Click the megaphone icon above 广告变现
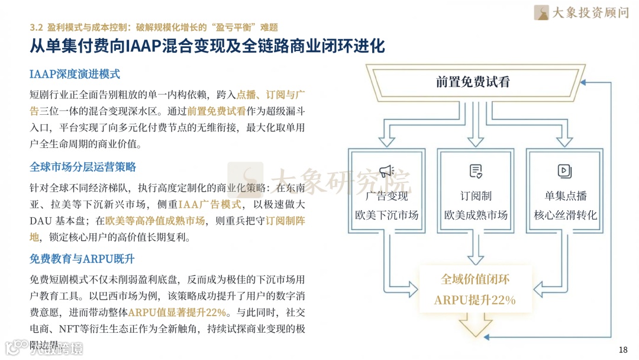[x=386, y=172]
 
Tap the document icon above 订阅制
[x=476, y=172]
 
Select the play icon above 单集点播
[x=564, y=172]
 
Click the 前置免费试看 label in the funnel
[x=473, y=82]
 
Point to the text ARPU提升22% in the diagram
[x=475, y=300]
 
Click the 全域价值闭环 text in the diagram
[x=475, y=279]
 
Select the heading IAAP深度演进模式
[x=75, y=74]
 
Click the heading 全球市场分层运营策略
[x=83, y=167]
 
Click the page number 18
[x=622, y=349]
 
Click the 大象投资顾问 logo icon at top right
[x=541, y=12]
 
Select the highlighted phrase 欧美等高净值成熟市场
[x=156, y=221]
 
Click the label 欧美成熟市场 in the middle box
[x=476, y=215]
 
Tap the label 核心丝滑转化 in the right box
[x=566, y=215]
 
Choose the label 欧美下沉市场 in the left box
[x=386, y=215]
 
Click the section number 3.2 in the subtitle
[x=37, y=27]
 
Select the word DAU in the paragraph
[x=42, y=221]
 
